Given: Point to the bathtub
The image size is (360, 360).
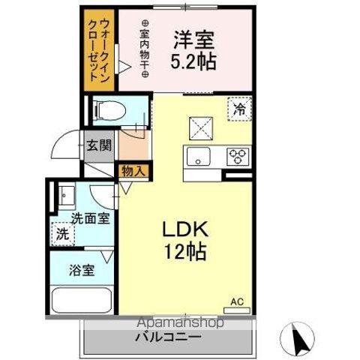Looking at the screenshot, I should click(x=81, y=301).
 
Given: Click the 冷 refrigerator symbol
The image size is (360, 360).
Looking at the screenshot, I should click(x=238, y=109).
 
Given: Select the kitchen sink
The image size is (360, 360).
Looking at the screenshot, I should click(x=200, y=156).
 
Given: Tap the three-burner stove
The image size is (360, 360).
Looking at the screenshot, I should click(x=238, y=156).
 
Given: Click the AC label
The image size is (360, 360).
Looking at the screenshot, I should click(x=237, y=302).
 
